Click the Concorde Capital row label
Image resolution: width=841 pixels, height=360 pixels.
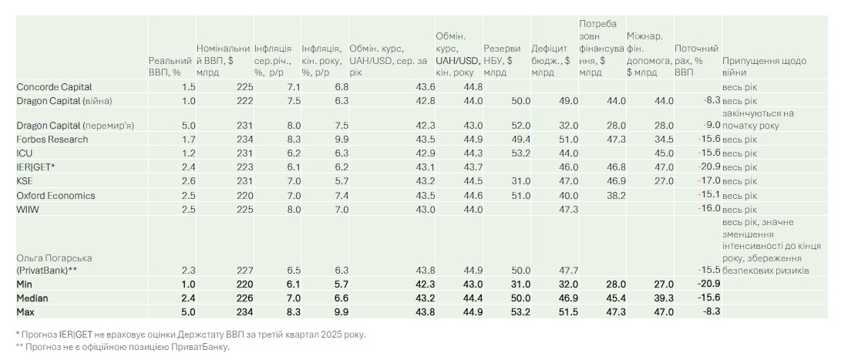click(54, 87)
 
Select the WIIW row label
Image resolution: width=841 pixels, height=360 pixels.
click(29, 210)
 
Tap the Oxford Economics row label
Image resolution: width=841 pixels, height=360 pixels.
click(56, 196)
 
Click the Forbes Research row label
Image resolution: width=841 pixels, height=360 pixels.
click(52, 140)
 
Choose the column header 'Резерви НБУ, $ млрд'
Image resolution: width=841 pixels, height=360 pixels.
click(502, 61)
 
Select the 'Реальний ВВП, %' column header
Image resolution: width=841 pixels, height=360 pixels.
click(170, 66)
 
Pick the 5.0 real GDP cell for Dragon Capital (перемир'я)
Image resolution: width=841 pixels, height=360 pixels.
click(188, 126)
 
